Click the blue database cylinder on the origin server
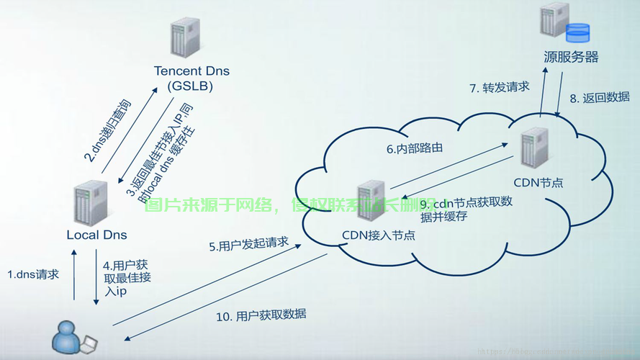pyautogui.click(x=577, y=33)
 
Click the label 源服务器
pyautogui.click(x=571, y=57)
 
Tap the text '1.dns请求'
pyautogui.click(x=33, y=274)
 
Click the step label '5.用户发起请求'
pyautogui.click(x=249, y=245)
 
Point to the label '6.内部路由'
pyautogui.click(x=414, y=149)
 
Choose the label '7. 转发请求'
pyautogui.click(x=499, y=88)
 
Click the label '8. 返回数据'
pyautogui.click(x=599, y=98)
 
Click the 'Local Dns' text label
pyautogui.click(x=96, y=235)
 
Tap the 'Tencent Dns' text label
pyautogui.click(x=189, y=71)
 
